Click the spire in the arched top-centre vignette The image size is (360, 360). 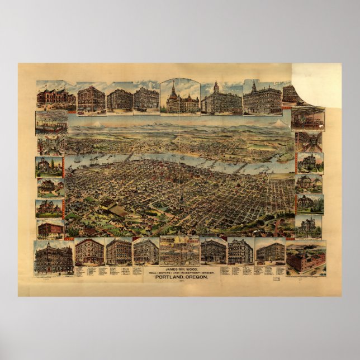point(173,88)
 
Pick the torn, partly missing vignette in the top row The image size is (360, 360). point(292,93)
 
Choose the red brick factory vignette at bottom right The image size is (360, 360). point(305,257)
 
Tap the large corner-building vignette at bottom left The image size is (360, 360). point(53,257)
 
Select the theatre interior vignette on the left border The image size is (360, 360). point(51,121)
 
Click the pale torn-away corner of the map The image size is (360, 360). point(316,84)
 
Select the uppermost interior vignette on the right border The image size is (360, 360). point(307,119)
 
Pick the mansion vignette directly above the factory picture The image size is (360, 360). point(308,226)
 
